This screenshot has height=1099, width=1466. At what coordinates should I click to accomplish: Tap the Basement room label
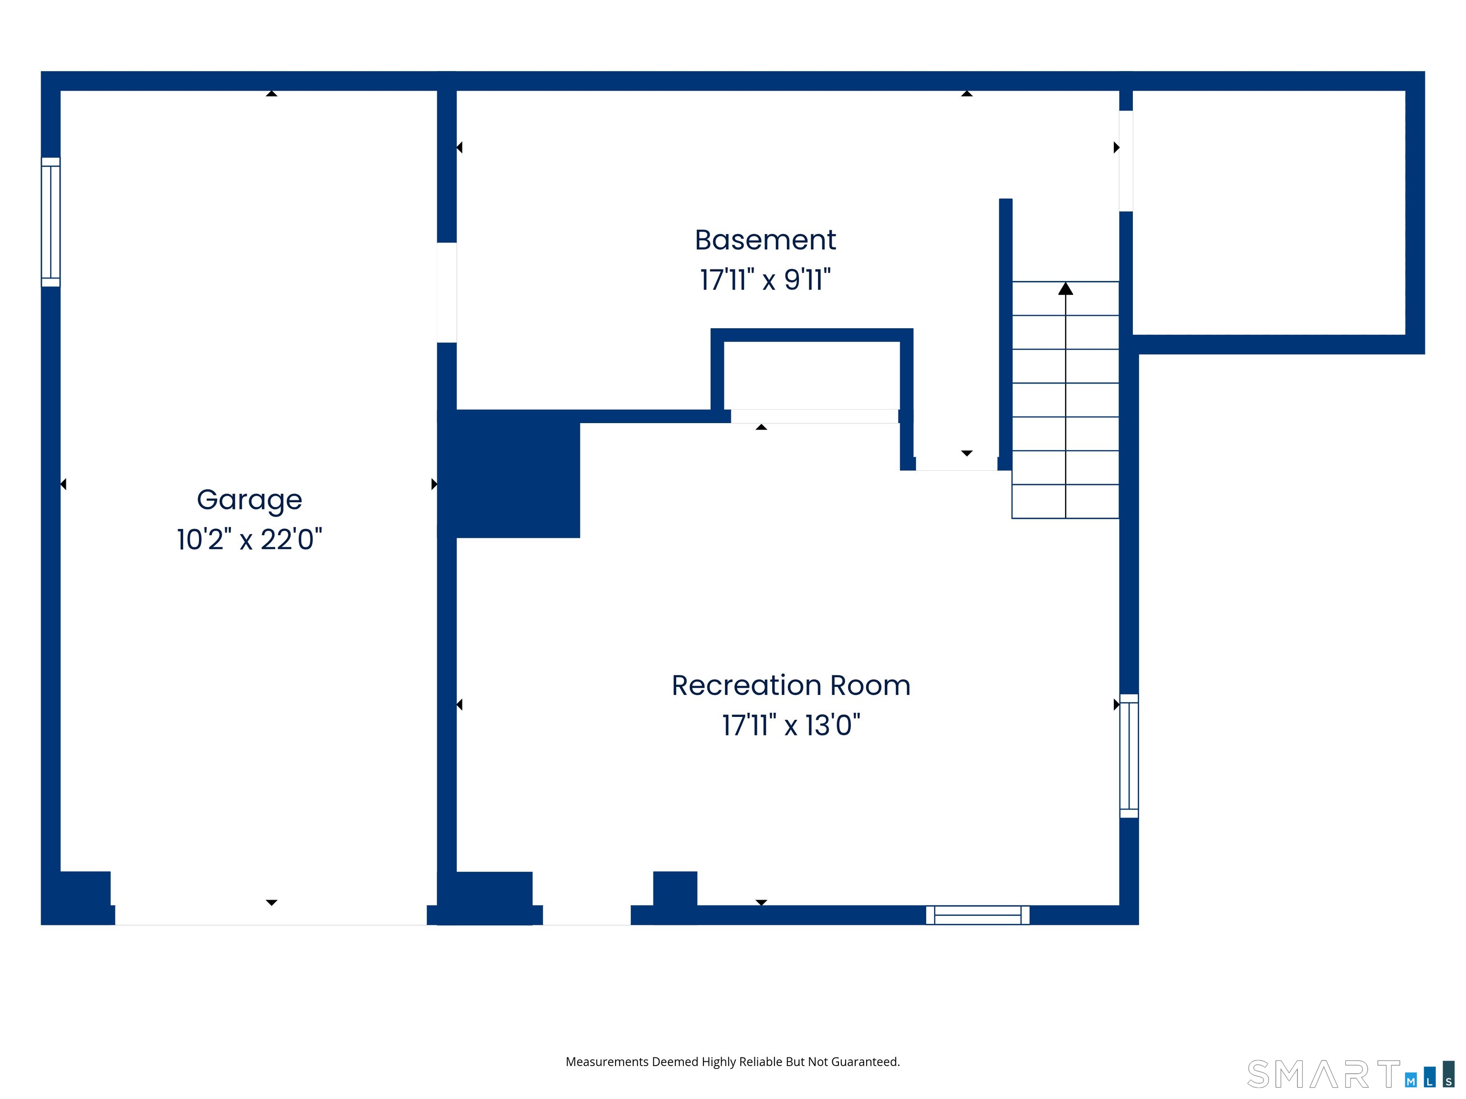pos(765,240)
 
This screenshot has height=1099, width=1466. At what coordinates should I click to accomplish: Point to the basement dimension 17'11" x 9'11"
pos(765,280)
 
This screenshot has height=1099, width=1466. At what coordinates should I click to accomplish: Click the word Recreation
pos(745,685)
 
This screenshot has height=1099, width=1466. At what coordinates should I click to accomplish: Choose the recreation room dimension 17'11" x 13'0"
pos(791,726)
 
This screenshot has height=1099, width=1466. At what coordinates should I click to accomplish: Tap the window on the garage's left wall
pos(51,222)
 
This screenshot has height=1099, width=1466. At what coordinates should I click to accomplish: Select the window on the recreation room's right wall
pos(1129,756)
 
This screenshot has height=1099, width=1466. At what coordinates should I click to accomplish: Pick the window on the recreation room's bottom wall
pos(977,915)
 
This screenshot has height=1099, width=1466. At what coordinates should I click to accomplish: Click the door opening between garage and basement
pos(447,293)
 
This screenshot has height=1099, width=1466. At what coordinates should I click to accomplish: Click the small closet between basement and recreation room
pos(812,375)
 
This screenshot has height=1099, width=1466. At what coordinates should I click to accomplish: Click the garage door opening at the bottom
pos(271,915)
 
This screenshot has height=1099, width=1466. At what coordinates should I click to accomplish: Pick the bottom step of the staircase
pos(1066,501)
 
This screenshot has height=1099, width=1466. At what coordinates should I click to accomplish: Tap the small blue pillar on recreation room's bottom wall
pos(675,888)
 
